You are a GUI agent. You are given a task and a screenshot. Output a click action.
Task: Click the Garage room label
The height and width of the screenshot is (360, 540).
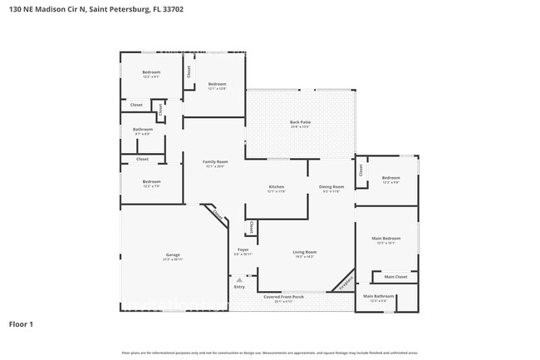pos(173,254)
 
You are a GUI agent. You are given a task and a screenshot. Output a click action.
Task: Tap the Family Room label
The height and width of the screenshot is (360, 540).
pos(216,161)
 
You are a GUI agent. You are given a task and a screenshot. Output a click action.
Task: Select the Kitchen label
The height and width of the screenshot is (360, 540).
pos(277,186)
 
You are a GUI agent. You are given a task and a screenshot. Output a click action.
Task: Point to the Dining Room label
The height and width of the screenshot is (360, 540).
pos(331,186)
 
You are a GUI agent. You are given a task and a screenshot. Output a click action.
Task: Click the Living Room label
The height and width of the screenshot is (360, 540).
pos(304,252)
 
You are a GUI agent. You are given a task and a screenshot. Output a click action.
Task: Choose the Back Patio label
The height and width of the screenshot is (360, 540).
pos(300,122)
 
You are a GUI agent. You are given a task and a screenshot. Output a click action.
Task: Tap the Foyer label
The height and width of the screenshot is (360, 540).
pos(243,249)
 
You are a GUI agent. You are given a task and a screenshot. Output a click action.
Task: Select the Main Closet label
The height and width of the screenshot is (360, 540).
pos(395,277)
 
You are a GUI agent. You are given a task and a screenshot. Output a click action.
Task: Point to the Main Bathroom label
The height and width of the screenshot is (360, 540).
pos(379,296)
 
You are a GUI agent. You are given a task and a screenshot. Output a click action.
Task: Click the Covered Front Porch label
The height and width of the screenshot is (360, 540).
pos(284,296)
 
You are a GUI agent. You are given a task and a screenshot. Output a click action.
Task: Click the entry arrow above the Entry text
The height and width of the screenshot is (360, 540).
pos(239,280)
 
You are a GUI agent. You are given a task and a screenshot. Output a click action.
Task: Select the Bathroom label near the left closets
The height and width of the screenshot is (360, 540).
pos(143,129)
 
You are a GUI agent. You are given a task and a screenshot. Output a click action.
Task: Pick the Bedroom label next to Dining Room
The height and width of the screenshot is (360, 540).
pos(391,178)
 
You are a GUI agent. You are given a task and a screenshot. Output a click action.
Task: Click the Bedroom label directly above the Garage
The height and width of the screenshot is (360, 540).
pos(151,181)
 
